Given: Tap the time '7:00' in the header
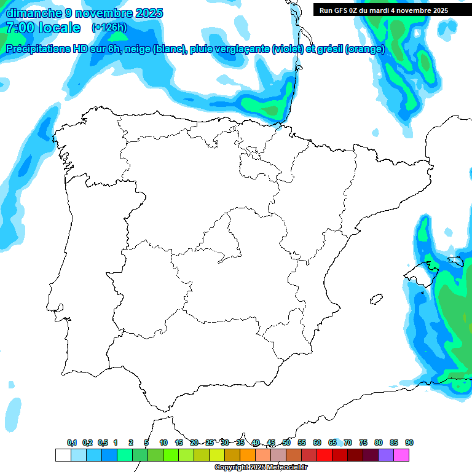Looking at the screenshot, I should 18,28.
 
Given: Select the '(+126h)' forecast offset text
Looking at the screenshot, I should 110,28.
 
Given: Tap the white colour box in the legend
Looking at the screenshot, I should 63,455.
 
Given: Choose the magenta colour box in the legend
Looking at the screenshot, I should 401,455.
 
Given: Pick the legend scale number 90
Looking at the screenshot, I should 409,442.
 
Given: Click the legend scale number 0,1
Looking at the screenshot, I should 72,442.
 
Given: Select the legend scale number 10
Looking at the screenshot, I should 163,442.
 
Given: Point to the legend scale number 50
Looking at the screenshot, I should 286,442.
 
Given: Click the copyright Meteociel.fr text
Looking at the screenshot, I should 261,468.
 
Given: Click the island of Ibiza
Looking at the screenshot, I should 374,300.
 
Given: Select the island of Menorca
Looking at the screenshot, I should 455,261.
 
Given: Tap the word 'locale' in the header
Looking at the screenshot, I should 59,28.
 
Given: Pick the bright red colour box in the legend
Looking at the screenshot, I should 324,455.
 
